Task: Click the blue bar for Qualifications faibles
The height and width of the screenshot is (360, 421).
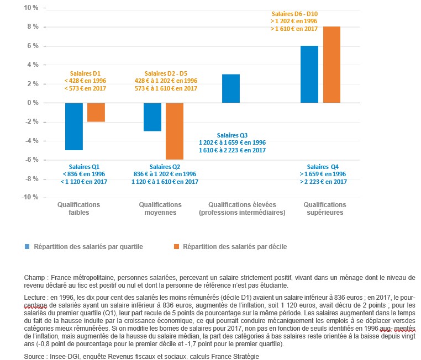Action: click(x=73, y=126)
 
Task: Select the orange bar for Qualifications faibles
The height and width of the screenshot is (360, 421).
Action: click(x=96, y=112)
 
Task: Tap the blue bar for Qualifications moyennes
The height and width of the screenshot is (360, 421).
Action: click(x=152, y=117)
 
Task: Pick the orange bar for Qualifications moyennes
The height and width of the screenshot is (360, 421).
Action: click(x=175, y=131)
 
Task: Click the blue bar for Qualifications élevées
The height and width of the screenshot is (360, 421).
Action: click(x=231, y=88)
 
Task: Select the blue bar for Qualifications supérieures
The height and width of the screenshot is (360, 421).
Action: click(x=309, y=75)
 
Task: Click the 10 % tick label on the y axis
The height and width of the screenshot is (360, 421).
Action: click(x=30, y=8)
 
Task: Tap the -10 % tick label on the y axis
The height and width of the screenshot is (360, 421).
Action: click(x=30, y=198)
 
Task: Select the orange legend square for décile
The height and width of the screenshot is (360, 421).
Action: click(x=177, y=246)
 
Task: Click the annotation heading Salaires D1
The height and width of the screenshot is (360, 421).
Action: click(x=85, y=73)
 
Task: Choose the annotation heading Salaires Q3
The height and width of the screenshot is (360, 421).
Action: click(x=232, y=135)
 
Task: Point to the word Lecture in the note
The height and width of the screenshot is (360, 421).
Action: click(x=35, y=297)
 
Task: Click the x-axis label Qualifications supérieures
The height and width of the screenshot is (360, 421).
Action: click(x=323, y=208)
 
